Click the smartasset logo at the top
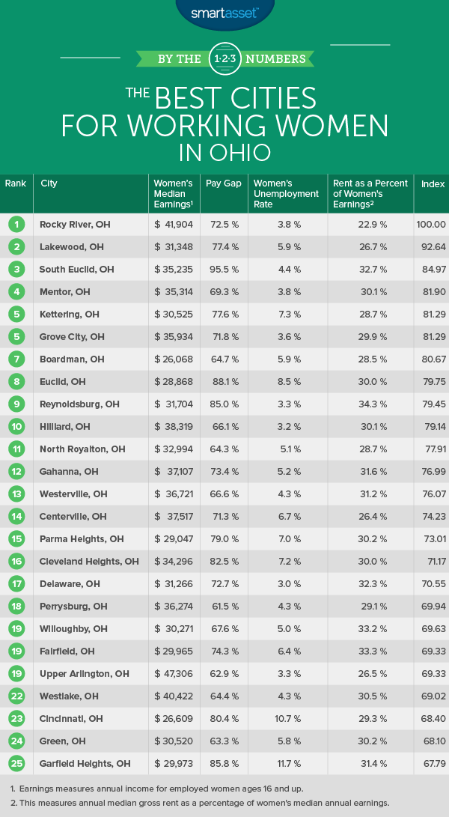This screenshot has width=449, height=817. click(224, 13)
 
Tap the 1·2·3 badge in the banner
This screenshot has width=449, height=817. click(224, 58)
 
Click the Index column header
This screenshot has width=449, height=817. click(433, 183)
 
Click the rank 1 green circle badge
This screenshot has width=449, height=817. click(16, 224)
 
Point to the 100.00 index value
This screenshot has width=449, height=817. click(431, 224)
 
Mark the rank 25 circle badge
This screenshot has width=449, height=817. click(16, 763)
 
